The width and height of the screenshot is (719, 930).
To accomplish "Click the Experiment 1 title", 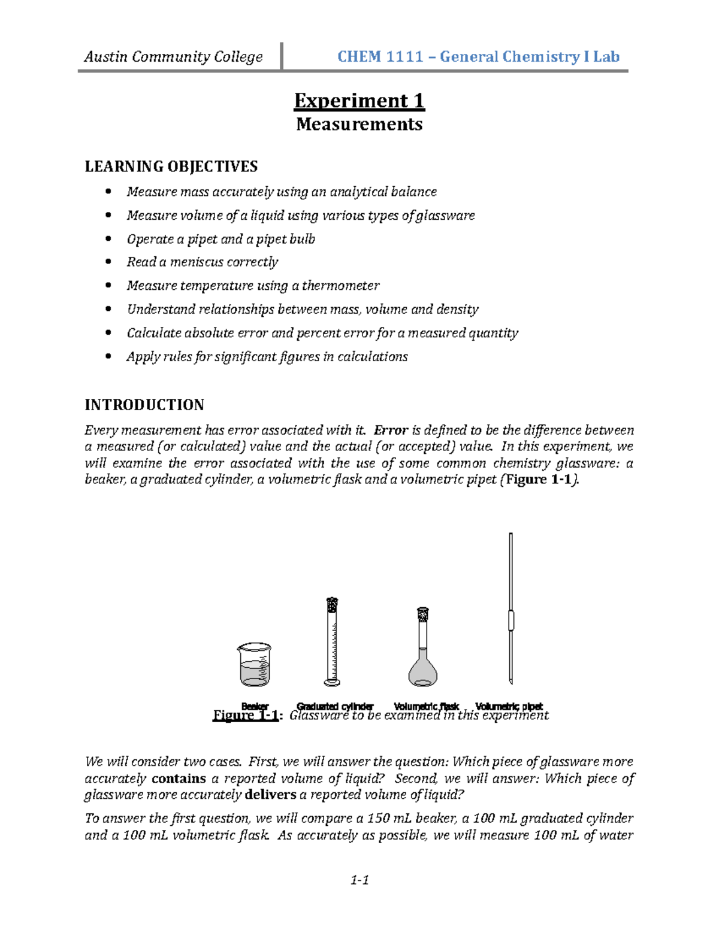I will tap(359, 101).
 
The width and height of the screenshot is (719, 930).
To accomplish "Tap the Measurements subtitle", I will tap(359, 125).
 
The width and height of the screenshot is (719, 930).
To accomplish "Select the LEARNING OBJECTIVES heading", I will tap(171, 166).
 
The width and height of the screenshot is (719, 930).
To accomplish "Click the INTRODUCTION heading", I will tap(144, 405).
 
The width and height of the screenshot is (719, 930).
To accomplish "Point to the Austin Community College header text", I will tap(173, 57).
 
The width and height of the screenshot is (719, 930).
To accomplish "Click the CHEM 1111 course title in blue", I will tap(478, 57).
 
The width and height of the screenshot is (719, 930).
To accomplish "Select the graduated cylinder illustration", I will tap(332, 641).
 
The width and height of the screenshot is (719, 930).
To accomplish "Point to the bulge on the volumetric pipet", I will tap(511, 620).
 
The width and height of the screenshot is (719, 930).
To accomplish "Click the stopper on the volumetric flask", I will tap(423, 614).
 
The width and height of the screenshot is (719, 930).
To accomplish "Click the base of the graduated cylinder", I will tap(332, 681).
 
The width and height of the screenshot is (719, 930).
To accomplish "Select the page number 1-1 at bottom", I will tap(359, 880).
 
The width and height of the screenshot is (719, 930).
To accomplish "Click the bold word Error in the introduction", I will tap(391, 430).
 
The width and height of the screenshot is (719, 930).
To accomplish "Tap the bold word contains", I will tap(179, 778).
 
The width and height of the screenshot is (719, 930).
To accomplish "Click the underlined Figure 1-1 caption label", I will tap(246, 716).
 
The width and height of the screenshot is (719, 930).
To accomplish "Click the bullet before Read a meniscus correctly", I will tap(108, 262).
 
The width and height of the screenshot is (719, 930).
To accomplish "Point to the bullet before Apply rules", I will tap(108, 356).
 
